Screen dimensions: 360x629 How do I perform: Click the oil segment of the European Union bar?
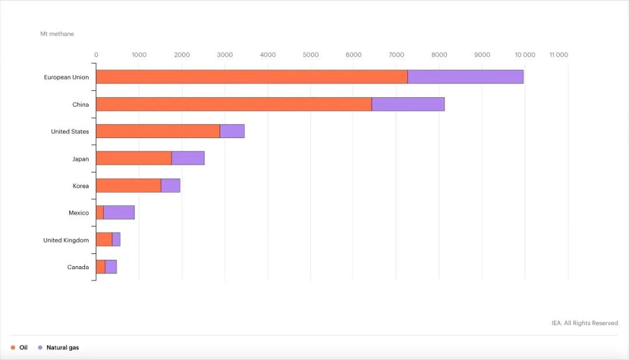click(x=252, y=77)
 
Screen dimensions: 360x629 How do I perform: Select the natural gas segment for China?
click(x=408, y=104)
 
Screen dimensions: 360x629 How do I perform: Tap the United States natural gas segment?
click(x=232, y=131)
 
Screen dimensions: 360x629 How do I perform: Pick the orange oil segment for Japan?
click(x=133, y=158)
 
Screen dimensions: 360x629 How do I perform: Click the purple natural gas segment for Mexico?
click(x=119, y=213)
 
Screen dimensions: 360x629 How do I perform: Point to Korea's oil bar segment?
click(x=128, y=185)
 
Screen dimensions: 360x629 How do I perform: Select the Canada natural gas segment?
click(x=111, y=267)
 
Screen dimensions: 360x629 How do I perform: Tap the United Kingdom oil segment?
click(x=104, y=240)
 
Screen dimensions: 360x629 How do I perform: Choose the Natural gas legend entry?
click(x=62, y=348)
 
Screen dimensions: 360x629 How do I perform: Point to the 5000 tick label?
click(x=310, y=55)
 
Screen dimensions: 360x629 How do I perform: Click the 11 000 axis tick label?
click(x=559, y=55)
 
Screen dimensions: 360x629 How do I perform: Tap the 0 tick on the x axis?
click(x=96, y=55)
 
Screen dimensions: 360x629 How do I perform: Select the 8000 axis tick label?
click(x=439, y=55)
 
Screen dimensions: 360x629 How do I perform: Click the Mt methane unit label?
click(x=57, y=34)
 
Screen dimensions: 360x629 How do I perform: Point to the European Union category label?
click(x=66, y=77)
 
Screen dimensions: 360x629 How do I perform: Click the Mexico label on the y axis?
click(x=79, y=213)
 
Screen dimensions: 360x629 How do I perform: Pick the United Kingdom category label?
click(x=66, y=240)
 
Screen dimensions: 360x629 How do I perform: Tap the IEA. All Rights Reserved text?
click(x=585, y=323)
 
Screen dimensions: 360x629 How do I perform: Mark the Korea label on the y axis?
click(x=81, y=186)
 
